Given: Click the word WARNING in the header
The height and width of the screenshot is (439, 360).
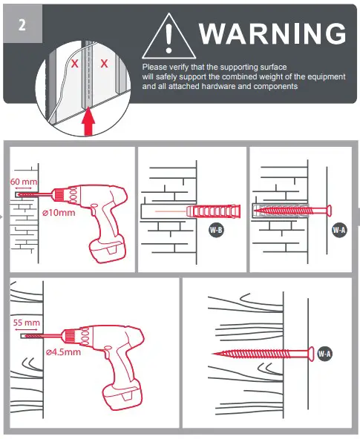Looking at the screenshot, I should point(272,34).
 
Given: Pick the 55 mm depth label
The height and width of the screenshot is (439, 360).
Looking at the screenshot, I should point(27,323).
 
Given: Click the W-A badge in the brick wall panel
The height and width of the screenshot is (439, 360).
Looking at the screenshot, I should point(339,230).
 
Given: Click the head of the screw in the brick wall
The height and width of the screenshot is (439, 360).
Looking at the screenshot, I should point(327,211).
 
